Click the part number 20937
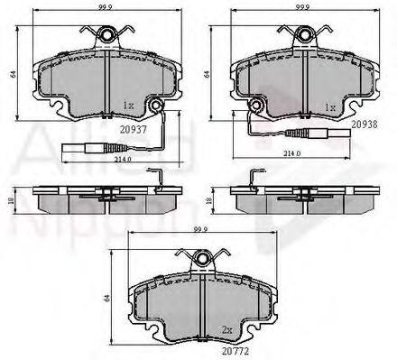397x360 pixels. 134,127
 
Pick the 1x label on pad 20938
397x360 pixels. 331,106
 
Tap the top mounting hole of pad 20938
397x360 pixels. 303,35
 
